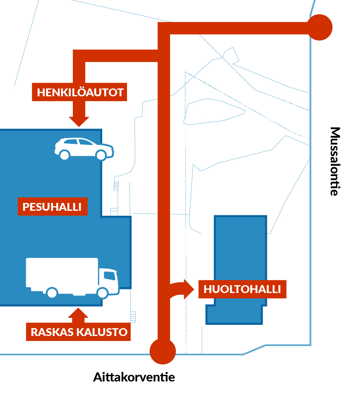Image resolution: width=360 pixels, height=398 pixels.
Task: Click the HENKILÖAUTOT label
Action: pyautogui.click(x=80, y=92)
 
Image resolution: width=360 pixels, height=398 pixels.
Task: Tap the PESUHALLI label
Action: pyautogui.click(x=52, y=206)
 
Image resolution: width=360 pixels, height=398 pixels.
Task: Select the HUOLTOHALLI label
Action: pyautogui.click(x=242, y=289)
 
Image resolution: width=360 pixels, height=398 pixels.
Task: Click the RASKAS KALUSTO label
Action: pyautogui.click(x=79, y=331)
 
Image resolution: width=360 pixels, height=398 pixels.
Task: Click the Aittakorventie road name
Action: pyautogui.click(x=134, y=377)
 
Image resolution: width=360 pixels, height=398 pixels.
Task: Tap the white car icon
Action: pyautogui.click(x=84, y=148)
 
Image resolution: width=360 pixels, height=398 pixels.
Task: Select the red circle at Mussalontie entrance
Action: pyautogui.click(x=319, y=28)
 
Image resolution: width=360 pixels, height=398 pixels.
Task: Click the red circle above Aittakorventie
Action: pyautogui.click(x=163, y=351)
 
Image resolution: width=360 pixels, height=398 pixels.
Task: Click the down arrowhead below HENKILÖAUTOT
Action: pyautogui.click(x=79, y=121)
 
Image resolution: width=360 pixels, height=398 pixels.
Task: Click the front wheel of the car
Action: pyautogui.click(x=101, y=155)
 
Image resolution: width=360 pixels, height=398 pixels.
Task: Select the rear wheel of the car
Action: pyautogui.click(x=64, y=155)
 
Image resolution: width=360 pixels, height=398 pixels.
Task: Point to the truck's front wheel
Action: pyautogui.click(x=102, y=293)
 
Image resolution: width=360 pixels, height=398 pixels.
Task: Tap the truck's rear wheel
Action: pyautogui.click(x=52, y=293)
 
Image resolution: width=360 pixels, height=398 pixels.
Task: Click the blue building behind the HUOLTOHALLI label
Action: pyautogui.click(x=240, y=248)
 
